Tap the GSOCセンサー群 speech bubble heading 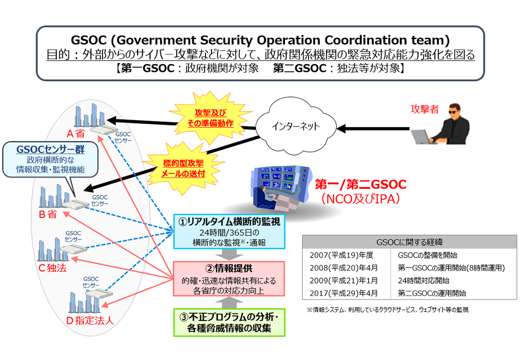[x=43, y=149]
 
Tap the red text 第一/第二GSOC [x=360, y=184]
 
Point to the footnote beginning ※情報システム [x=387, y=310]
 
